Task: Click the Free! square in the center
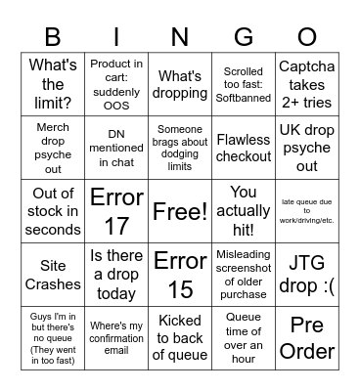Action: coord(179,210)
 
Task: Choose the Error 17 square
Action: coord(116,210)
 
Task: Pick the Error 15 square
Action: coord(179,274)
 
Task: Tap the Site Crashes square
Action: coord(53,274)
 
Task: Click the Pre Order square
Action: coord(306,337)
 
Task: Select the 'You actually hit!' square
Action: coord(243,210)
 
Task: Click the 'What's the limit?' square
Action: coord(53,84)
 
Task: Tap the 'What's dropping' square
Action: coord(179,84)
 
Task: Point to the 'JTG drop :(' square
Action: coord(306,274)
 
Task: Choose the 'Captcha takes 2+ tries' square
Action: coord(306,84)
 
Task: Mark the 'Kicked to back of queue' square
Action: coord(179,337)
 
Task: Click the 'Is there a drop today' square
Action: coord(116,274)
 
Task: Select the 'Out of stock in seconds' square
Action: coord(53,210)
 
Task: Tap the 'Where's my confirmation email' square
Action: coord(116,337)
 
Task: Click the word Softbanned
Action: coord(243,98)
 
